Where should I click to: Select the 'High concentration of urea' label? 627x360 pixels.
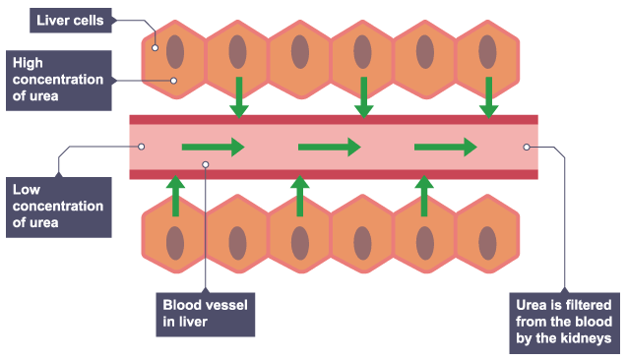(x=58, y=79)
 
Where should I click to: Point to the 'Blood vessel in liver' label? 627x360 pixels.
(x=206, y=312)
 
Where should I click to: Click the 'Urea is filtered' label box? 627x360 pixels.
(x=565, y=321)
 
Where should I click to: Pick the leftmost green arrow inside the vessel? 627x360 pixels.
(x=212, y=148)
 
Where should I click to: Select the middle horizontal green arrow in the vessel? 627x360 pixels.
(x=329, y=148)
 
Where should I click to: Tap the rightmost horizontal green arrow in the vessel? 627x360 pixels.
(x=446, y=148)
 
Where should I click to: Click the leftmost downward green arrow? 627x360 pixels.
(x=238, y=95)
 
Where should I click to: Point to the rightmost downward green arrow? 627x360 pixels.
(x=488, y=95)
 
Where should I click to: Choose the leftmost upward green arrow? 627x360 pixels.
(x=175, y=195)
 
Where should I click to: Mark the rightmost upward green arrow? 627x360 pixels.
(x=425, y=195)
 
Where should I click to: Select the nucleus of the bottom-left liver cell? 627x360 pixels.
(x=175, y=241)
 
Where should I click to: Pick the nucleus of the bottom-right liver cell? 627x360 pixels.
(x=488, y=241)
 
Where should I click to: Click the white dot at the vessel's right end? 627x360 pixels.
(x=527, y=147)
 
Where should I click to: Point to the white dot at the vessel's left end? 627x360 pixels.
(x=142, y=147)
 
